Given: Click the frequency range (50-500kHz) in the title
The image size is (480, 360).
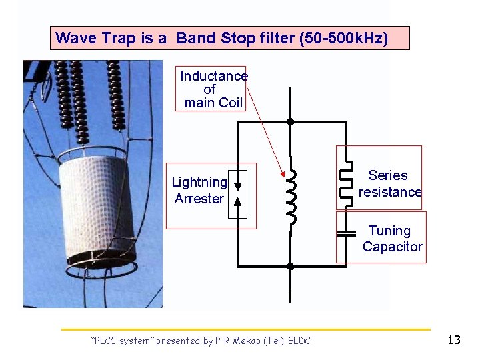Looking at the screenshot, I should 345,38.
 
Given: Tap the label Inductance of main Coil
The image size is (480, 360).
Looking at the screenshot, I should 213,89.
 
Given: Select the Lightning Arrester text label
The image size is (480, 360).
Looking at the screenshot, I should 199,190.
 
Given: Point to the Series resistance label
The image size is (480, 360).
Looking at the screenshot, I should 389,183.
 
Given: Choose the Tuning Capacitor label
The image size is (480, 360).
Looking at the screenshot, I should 392,239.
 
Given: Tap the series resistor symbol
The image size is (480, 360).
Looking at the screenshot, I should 345,181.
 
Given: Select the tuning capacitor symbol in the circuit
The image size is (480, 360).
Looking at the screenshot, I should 345,233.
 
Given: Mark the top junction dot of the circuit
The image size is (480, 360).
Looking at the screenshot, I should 291,122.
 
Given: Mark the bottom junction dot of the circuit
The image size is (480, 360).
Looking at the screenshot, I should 291,266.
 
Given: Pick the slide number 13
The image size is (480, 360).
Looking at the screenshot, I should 454,340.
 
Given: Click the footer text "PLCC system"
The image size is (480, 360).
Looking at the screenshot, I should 122,341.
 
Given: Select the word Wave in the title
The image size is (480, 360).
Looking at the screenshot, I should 76,38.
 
